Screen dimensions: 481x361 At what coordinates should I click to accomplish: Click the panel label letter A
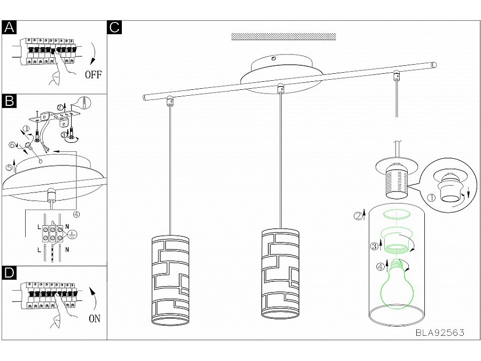click(x=9, y=27)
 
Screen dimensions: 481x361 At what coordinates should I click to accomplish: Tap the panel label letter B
click(x=9, y=101)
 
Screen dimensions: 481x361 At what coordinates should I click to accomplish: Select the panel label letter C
click(x=114, y=27)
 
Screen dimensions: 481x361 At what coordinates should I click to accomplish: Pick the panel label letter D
click(x=9, y=273)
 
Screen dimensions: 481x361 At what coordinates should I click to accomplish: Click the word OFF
click(x=93, y=74)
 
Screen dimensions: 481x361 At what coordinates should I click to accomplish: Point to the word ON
click(x=95, y=319)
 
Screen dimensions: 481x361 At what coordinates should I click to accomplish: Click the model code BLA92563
click(x=440, y=333)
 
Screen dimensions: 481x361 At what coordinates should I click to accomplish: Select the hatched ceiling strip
click(x=283, y=36)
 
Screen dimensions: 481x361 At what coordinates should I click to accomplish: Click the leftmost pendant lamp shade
click(x=170, y=281)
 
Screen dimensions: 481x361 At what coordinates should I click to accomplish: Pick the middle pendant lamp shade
click(x=281, y=273)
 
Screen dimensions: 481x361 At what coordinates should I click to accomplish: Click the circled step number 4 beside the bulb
click(x=381, y=267)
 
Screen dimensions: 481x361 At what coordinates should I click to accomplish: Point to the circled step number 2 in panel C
click(x=358, y=217)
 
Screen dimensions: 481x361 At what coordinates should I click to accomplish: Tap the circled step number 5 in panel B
click(x=9, y=167)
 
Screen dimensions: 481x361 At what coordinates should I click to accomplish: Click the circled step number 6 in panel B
click(x=12, y=144)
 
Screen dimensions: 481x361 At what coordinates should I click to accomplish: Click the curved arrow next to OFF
click(x=94, y=53)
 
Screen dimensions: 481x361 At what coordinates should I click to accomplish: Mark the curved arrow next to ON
click(x=93, y=298)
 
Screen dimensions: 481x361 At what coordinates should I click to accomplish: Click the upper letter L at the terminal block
click(x=39, y=228)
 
